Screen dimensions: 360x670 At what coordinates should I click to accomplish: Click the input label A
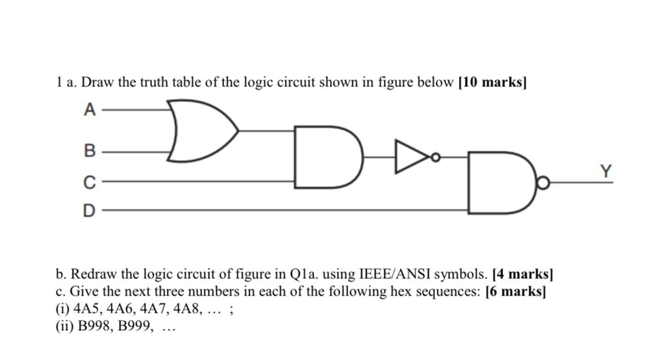(x=90, y=110)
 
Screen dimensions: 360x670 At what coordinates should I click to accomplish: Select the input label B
(x=90, y=151)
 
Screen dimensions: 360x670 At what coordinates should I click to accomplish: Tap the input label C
(x=90, y=182)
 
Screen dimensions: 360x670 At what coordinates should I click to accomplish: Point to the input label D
(x=90, y=211)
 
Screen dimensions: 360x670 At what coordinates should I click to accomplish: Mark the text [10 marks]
(x=492, y=83)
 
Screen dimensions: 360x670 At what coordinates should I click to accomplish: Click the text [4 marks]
(x=522, y=274)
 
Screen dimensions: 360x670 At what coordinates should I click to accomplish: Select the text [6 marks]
(x=515, y=291)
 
